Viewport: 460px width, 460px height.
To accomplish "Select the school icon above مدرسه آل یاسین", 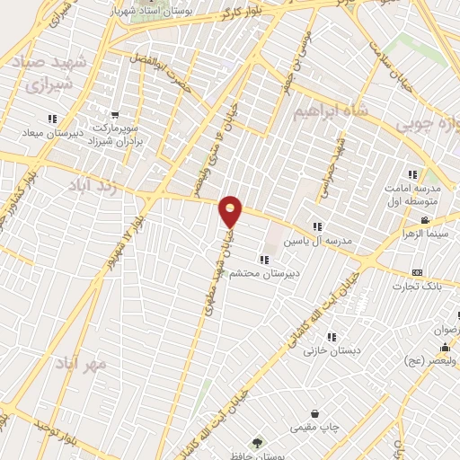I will [316, 226].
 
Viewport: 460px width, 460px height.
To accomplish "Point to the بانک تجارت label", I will [425, 287].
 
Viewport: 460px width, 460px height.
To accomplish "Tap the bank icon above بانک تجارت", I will [417, 272].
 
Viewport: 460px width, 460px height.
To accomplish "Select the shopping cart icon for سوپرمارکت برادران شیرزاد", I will [114, 115].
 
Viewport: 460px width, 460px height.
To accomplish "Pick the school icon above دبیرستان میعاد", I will [53, 118].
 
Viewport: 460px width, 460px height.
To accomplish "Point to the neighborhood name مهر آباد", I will [80, 365].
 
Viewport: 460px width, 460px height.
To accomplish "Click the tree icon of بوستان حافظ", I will [259, 443].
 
